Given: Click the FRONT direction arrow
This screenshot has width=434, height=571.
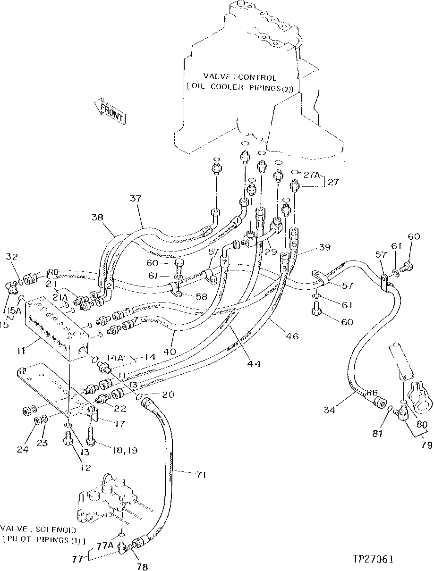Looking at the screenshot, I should coord(110,111).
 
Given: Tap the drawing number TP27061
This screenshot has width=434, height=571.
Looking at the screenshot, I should coord(373,559).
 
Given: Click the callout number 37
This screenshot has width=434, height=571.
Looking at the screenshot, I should coord(136,200).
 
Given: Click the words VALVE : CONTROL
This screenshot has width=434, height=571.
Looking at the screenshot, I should coord(240,77).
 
